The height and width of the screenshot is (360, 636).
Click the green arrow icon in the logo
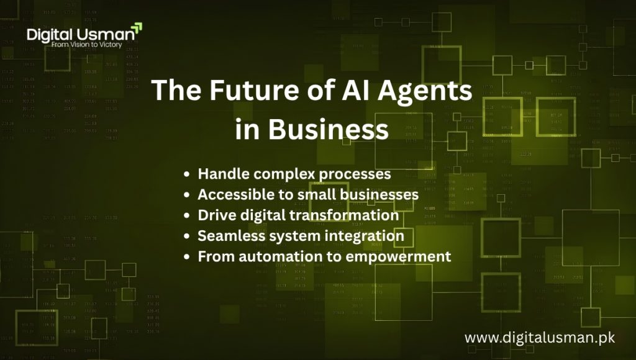[137, 28]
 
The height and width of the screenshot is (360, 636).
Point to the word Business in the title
[330, 130]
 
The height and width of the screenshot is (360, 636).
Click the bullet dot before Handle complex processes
[188, 174]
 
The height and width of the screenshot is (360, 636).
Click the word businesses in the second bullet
[373, 194]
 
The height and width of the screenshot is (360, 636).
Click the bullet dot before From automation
[188, 256]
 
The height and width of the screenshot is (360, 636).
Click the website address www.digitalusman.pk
[540, 338]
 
